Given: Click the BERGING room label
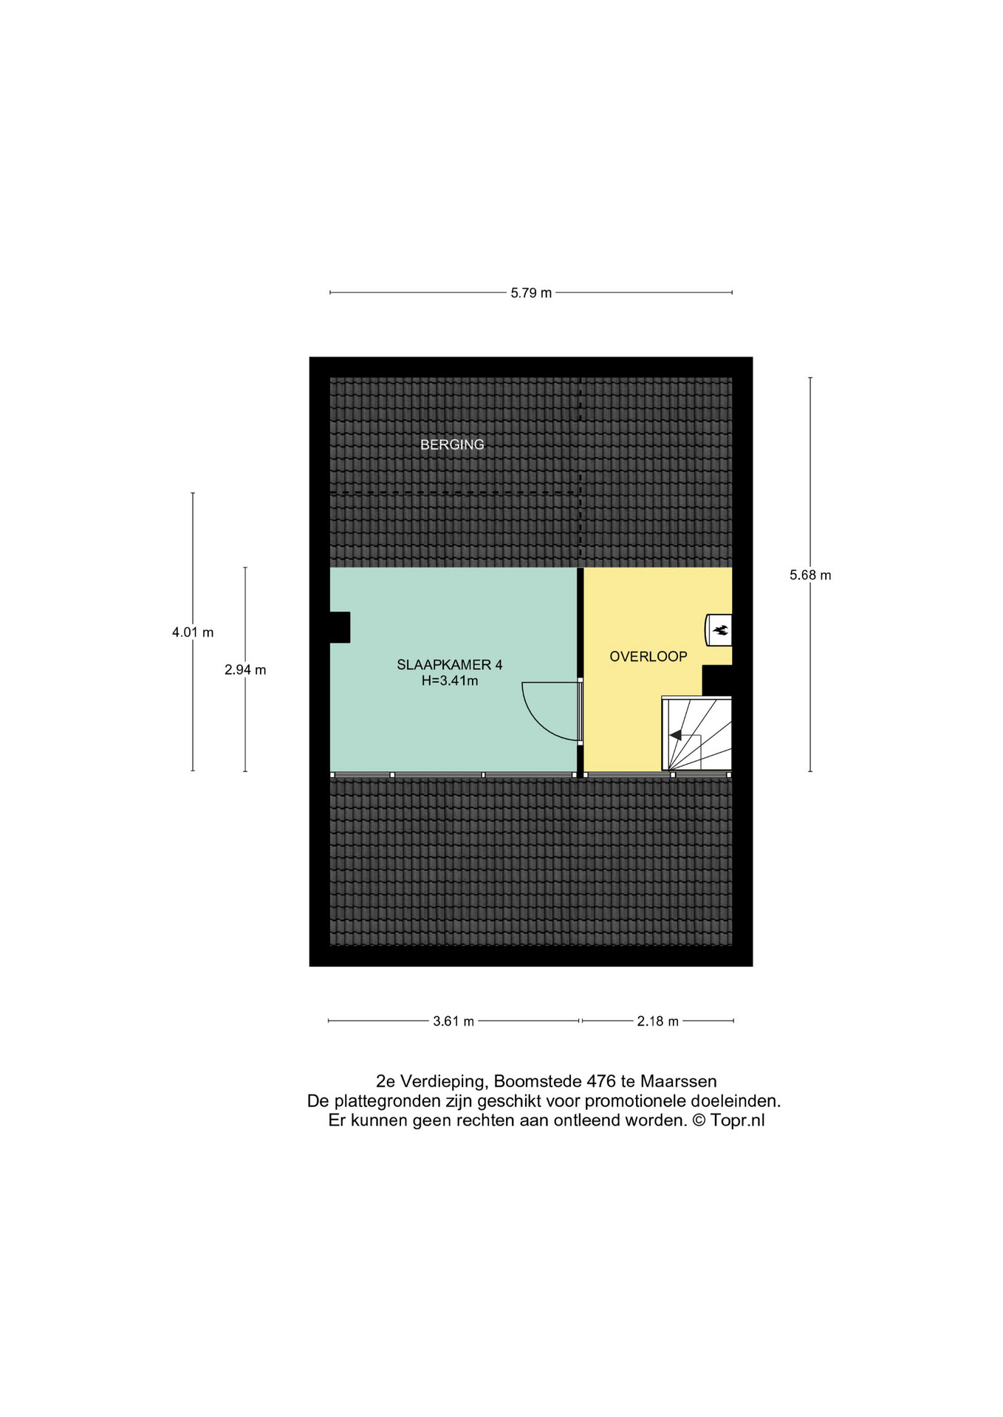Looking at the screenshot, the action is point(452,444).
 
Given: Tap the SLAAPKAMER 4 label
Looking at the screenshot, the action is point(450,665).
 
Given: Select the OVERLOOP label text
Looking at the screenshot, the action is point(648,657).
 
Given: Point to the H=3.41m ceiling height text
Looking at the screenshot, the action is point(450,681).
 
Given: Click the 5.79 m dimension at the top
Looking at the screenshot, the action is point(531,293).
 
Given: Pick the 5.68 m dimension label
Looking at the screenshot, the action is point(810,576).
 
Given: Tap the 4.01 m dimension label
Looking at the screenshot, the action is point(193,632).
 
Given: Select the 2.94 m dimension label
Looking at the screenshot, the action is point(245,670).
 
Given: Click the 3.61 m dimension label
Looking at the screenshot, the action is point(453,1021).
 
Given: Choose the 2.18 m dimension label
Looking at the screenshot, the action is point(658,1021).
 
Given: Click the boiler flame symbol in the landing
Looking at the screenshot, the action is point(720,630).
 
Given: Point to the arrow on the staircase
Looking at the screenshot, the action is point(676,735).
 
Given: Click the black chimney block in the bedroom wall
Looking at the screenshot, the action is point(340,627).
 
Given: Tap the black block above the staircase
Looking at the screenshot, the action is point(716,680).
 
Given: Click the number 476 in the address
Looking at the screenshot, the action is point(601,1081).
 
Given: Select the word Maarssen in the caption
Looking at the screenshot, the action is point(678,1081).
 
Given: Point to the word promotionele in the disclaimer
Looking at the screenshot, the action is point(636,1101).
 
